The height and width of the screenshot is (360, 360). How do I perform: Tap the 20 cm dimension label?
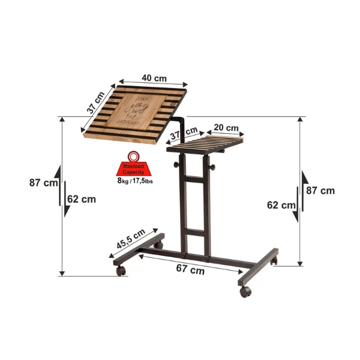click(x=226, y=128)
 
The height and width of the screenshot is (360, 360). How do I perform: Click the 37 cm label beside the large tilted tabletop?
click(x=95, y=100)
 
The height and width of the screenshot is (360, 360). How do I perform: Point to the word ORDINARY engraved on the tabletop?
click(x=134, y=122)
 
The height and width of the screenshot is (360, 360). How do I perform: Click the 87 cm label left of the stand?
click(x=43, y=183)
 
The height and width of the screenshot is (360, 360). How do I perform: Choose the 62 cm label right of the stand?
click(x=281, y=205)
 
